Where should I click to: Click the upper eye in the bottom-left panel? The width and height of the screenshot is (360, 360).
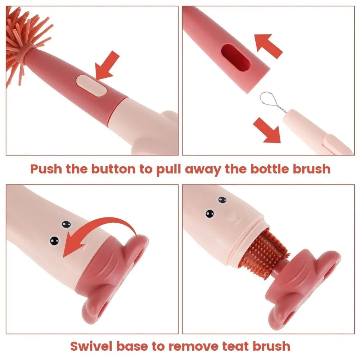click(66, 225)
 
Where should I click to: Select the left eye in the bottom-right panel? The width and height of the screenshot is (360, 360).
click(210, 213)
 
